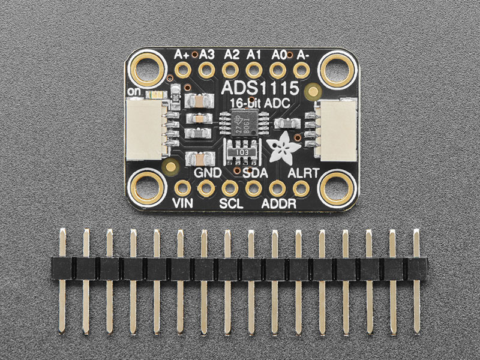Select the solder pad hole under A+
tap(182, 71)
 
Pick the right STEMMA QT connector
tap(337, 128)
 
